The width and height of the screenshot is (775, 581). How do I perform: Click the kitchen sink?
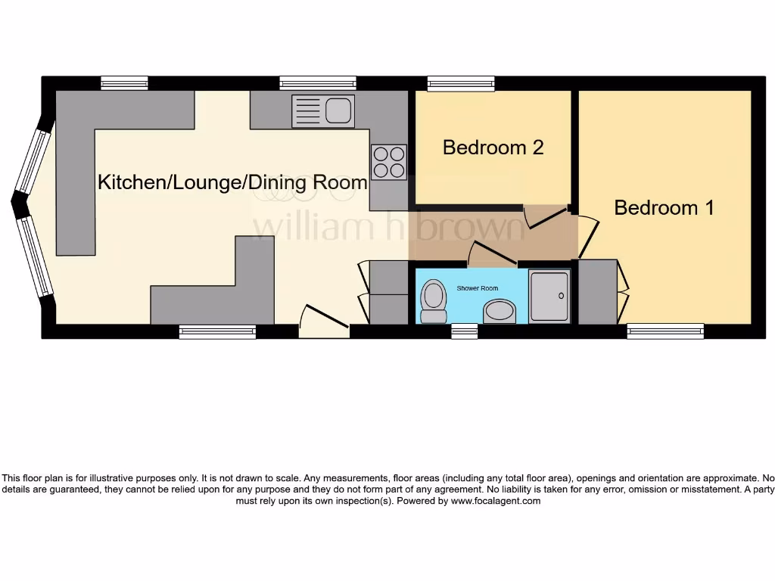click(323, 111)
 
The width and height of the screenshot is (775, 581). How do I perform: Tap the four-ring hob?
click(389, 162)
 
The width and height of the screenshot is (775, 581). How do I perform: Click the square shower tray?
click(549, 297)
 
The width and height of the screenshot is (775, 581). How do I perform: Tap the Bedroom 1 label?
click(664, 207)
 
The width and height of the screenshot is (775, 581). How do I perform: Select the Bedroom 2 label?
click(493, 147)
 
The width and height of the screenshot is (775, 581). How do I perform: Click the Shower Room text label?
click(477, 288)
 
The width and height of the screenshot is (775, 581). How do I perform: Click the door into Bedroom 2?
click(546, 216)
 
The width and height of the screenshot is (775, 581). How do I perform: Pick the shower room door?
click(492, 253)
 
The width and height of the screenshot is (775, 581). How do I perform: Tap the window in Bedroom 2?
click(461, 83)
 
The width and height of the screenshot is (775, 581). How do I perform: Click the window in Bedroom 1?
click(665, 331)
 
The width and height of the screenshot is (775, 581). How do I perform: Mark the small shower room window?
click(464, 331)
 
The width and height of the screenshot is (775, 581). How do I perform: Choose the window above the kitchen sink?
click(317, 83)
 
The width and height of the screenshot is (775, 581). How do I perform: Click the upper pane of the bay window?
click(33, 160)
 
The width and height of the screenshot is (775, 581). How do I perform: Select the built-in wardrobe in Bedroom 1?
click(598, 291)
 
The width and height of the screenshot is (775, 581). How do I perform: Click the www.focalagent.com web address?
click(496, 501)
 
